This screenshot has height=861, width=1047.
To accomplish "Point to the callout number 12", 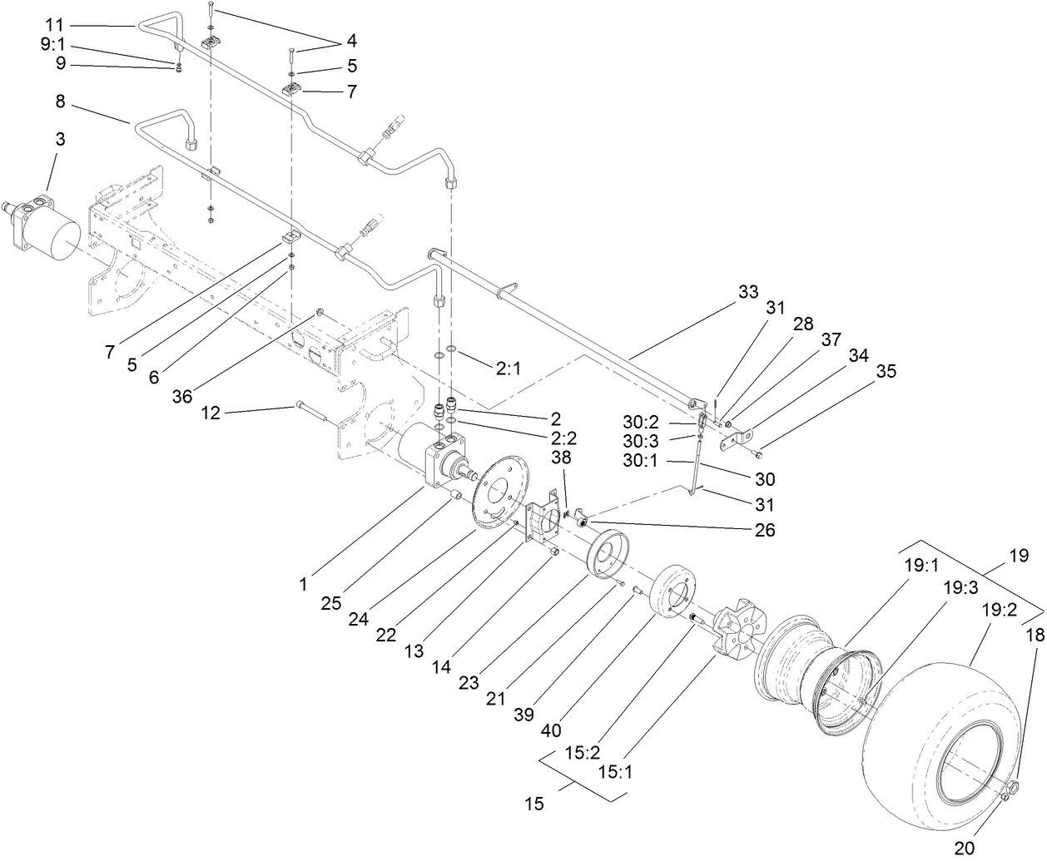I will pos(211,413).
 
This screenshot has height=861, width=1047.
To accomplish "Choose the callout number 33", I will pos(748,293).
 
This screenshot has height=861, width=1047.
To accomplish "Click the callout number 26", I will pos(764,529).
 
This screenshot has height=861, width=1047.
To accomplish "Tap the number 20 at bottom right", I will pos(964,848).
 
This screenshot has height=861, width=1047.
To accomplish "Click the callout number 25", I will pos(330,603).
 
